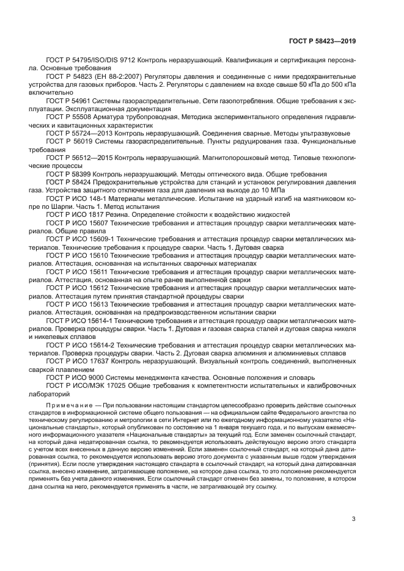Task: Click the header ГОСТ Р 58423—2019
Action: coord(321,41)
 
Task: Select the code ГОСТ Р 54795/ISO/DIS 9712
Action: coord(90,61)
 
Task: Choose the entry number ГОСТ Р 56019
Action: coord(68,141)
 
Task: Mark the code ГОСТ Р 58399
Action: coord(68,174)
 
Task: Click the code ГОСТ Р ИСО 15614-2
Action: coord(81,345)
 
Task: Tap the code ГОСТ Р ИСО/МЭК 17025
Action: coord(87,386)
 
